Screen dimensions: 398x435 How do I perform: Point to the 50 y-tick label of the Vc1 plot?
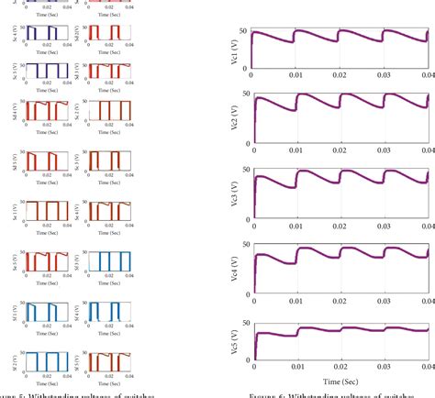[x=243, y=32]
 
